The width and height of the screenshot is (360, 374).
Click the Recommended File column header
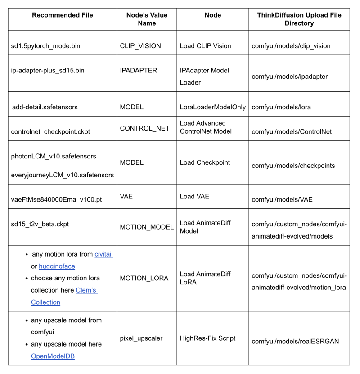(62, 15)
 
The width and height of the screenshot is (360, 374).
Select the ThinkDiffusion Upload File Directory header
(299, 19)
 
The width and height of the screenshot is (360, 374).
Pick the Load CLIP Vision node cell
(205, 46)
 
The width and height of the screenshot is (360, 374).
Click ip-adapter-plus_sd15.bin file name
(48, 71)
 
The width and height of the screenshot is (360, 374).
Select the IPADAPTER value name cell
(139, 71)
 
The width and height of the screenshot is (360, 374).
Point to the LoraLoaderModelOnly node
(213, 107)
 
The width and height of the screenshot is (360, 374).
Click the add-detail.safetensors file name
(45, 107)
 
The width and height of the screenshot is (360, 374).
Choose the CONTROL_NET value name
(145, 128)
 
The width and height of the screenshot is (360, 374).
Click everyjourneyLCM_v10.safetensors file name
(62, 175)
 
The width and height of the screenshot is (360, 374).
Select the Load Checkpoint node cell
(205, 162)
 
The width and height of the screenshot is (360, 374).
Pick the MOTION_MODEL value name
(147, 227)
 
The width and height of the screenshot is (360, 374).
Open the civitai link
(103, 255)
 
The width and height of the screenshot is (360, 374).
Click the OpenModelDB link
(53, 356)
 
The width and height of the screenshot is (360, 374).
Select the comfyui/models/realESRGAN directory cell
(295, 342)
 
